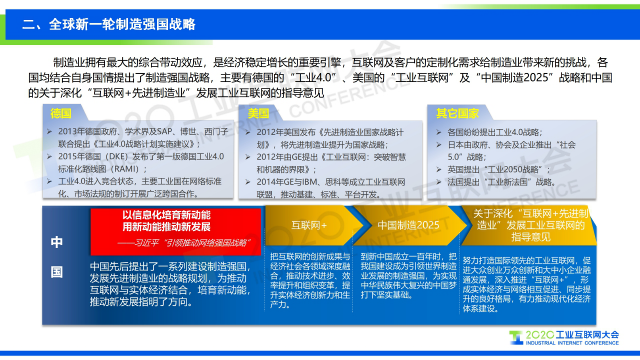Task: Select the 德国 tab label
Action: point(61,113)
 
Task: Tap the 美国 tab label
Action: point(259,113)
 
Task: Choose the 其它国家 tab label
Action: point(457,113)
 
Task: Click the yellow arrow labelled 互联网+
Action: point(309,225)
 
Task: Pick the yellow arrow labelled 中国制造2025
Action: point(408,225)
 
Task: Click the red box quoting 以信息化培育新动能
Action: point(167,221)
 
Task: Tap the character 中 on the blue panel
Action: point(56,242)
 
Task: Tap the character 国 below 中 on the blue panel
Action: point(56,272)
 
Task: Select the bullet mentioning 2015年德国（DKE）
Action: point(141,163)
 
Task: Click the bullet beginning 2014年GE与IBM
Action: point(331,188)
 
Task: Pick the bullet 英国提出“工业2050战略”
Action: point(498,170)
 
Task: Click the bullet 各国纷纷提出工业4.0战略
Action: point(494,132)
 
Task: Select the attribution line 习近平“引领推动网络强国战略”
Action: point(183,243)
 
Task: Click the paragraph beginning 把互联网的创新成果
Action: point(310,280)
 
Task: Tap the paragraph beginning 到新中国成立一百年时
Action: point(408,276)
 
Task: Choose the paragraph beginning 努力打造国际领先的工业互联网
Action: point(526,285)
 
